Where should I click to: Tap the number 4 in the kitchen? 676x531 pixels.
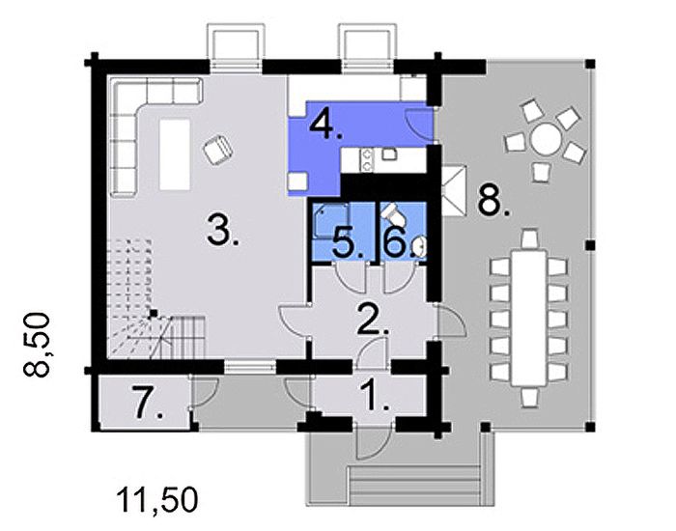[x=324, y=125]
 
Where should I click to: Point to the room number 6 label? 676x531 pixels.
[x=395, y=241]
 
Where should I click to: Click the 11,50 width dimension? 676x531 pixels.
[x=157, y=499]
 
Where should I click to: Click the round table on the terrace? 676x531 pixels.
[x=546, y=141]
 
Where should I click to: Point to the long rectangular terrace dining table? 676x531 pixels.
[x=527, y=315]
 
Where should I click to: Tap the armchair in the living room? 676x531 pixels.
[x=218, y=149]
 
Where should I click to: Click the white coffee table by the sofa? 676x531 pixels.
[x=174, y=154]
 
